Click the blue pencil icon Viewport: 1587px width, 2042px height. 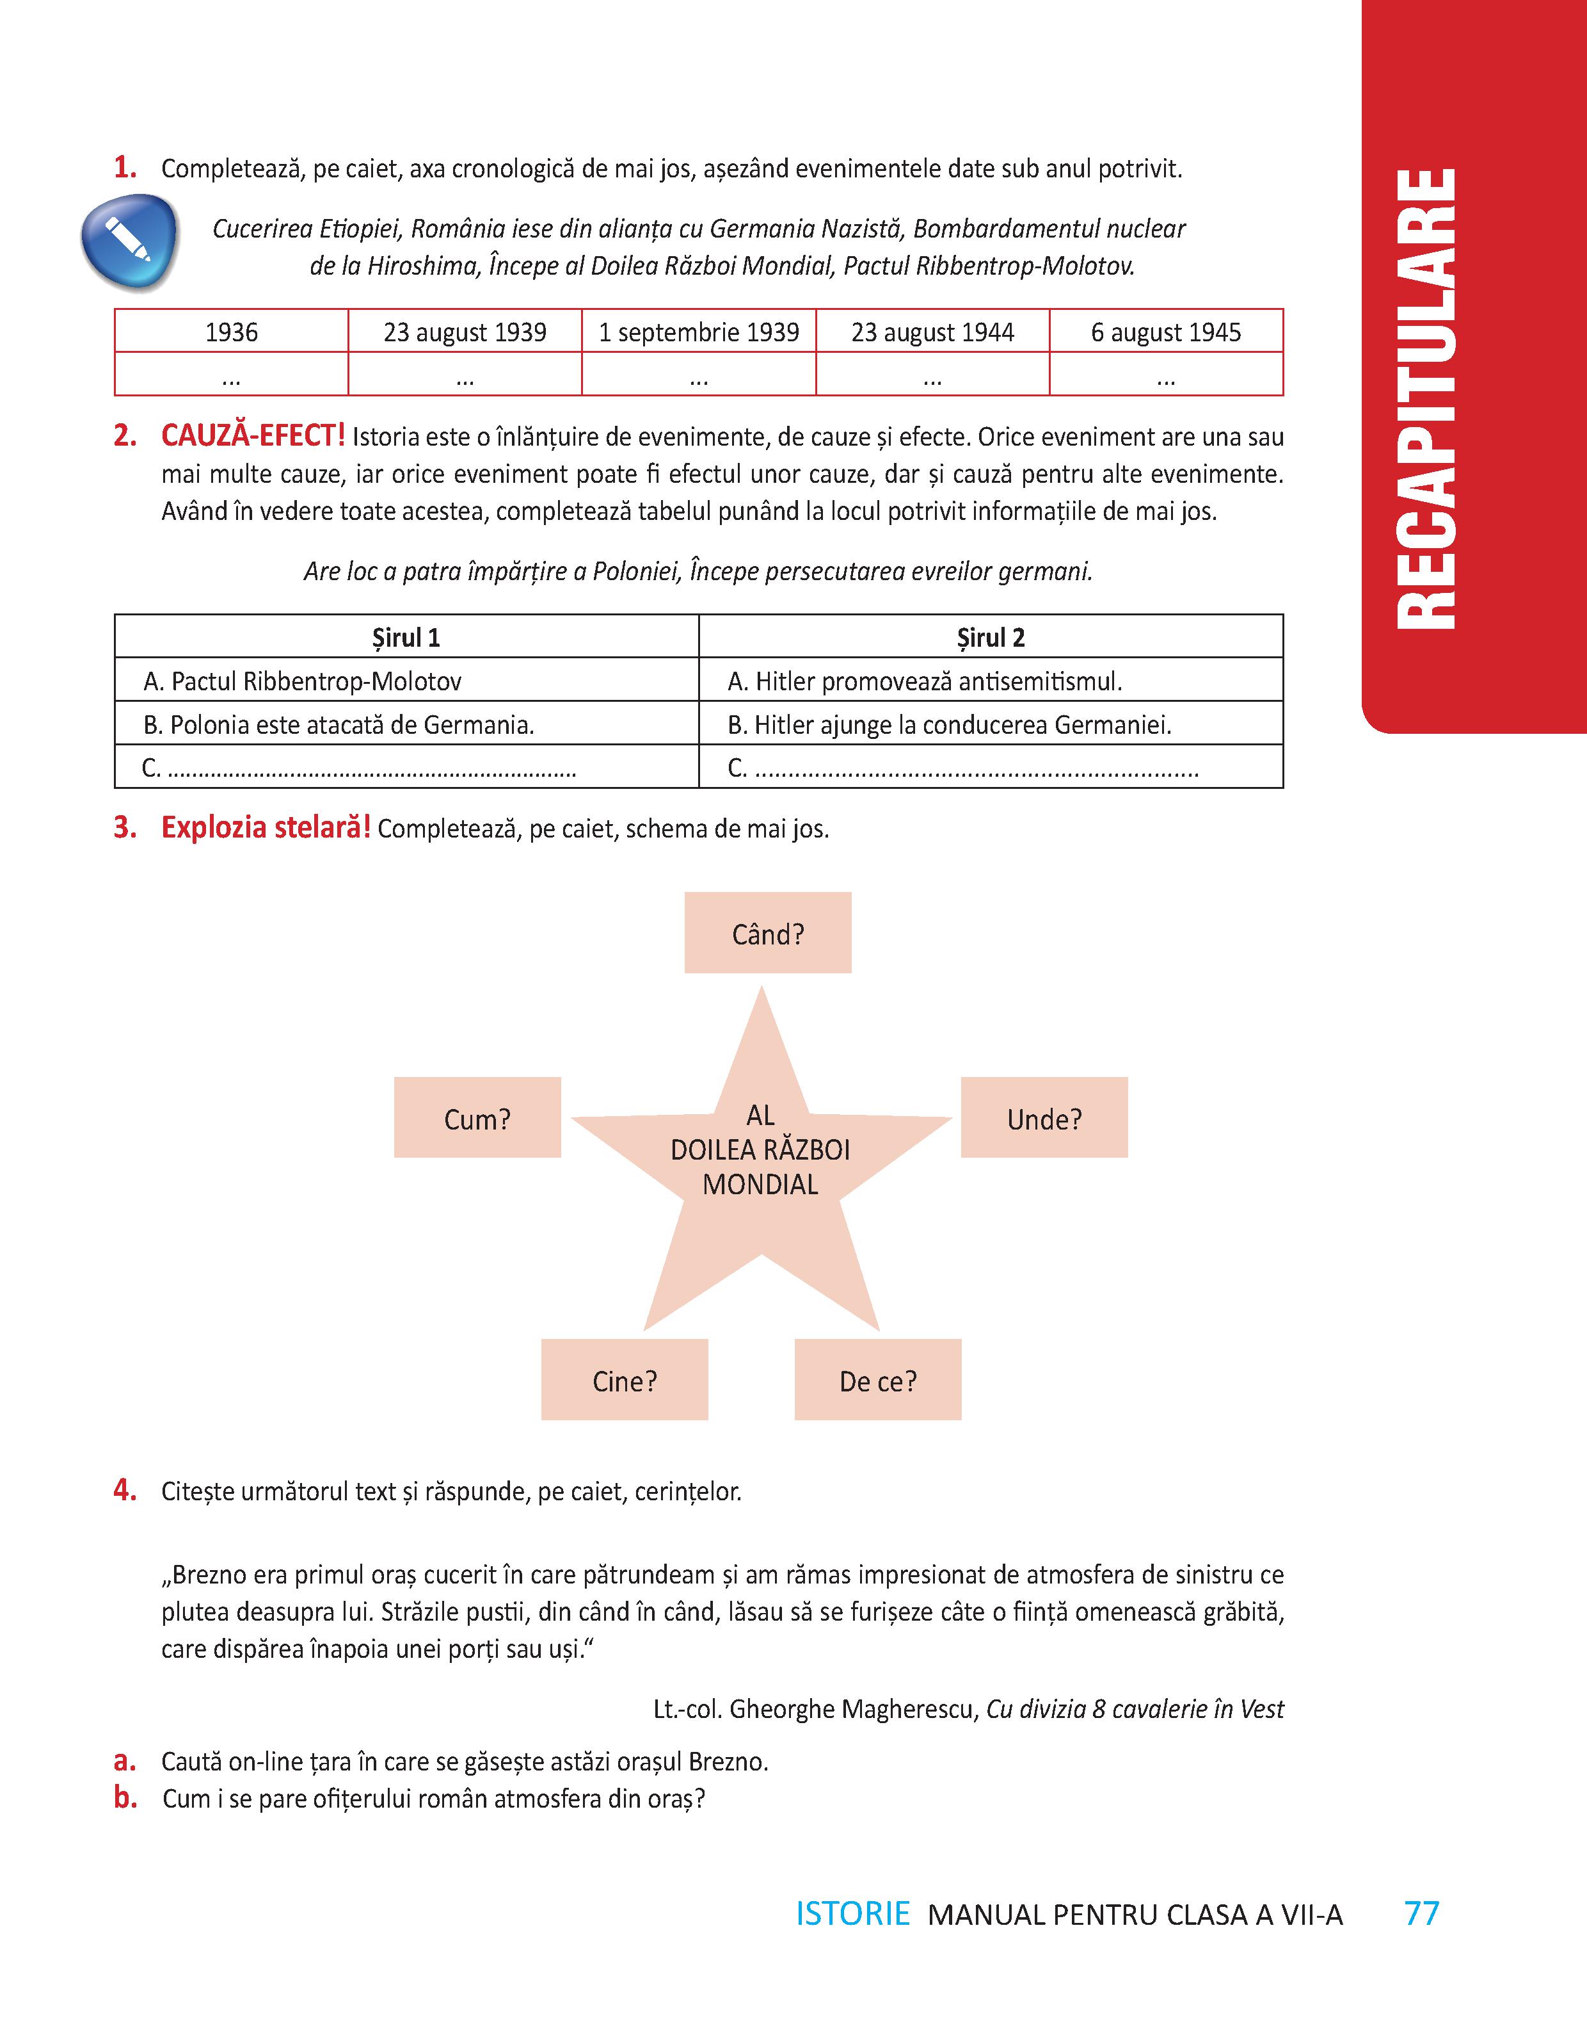click(129, 241)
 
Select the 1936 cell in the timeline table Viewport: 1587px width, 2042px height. click(231, 332)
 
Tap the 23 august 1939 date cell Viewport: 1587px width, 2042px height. click(465, 332)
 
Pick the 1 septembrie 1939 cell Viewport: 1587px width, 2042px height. click(698, 332)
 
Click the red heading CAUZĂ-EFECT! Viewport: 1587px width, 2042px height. click(252, 435)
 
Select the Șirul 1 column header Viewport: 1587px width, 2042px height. click(406, 638)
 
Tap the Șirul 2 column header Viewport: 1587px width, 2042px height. click(990, 638)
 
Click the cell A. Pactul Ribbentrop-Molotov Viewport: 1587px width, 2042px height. click(406, 681)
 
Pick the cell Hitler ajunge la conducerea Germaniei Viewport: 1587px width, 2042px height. click(990, 725)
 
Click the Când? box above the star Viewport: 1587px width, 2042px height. click(767, 933)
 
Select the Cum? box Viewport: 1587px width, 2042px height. click(477, 1118)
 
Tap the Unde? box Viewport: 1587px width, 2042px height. click(1044, 1118)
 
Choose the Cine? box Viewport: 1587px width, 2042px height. click(625, 1380)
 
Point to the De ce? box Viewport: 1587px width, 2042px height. click(877, 1380)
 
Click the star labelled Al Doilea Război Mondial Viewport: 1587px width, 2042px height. click(761, 1160)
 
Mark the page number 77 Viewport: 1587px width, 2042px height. click(1421, 1913)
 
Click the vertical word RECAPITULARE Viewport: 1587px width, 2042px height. click(1427, 398)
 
